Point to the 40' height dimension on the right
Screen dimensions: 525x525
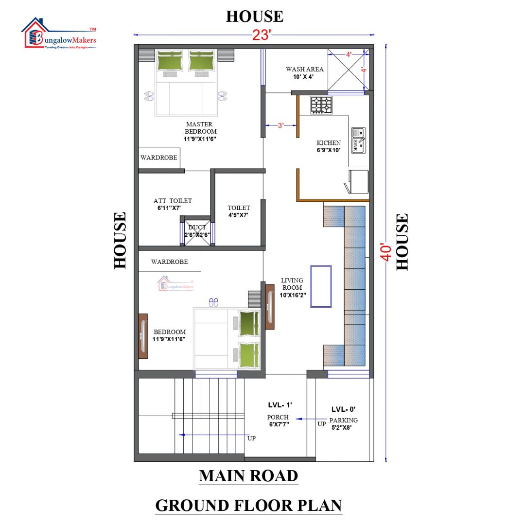386,252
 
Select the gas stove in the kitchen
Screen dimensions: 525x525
321,105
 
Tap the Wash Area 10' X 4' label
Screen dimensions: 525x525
304,73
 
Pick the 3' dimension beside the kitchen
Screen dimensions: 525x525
280,125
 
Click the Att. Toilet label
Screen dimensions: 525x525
172,204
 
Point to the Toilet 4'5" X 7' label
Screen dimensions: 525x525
239,211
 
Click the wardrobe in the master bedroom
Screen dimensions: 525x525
158,158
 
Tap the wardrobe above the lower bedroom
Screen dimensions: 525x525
169,262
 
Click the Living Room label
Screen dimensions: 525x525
292,287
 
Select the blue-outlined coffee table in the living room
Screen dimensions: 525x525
321,286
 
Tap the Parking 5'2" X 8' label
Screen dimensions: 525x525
343,424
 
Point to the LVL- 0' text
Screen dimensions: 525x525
344,409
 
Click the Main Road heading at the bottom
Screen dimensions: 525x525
248,476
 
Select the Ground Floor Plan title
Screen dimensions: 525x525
248,506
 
